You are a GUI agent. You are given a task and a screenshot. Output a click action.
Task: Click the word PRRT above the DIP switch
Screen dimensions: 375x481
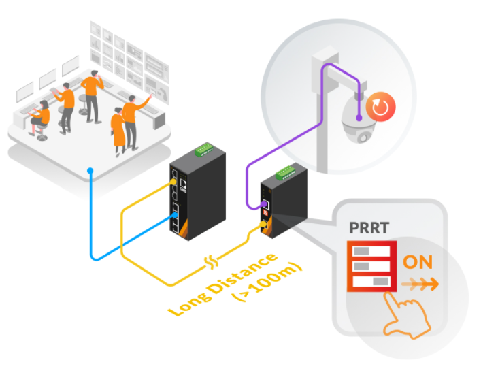click(x=367, y=227)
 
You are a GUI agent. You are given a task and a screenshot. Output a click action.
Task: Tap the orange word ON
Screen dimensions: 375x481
click(x=418, y=263)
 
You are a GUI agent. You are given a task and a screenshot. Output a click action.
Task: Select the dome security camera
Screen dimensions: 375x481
click(x=356, y=118)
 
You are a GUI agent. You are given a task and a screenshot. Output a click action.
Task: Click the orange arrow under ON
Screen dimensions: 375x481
click(x=419, y=283)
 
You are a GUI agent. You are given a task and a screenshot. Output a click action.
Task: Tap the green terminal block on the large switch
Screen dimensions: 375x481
click(x=204, y=149)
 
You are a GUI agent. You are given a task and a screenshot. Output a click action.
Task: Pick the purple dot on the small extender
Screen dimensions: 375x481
click(x=262, y=203)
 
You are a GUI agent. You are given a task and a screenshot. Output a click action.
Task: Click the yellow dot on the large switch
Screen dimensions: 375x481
click(x=171, y=183)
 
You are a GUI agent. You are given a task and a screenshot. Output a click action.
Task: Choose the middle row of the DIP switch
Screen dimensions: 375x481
click(x=371, y=266)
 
